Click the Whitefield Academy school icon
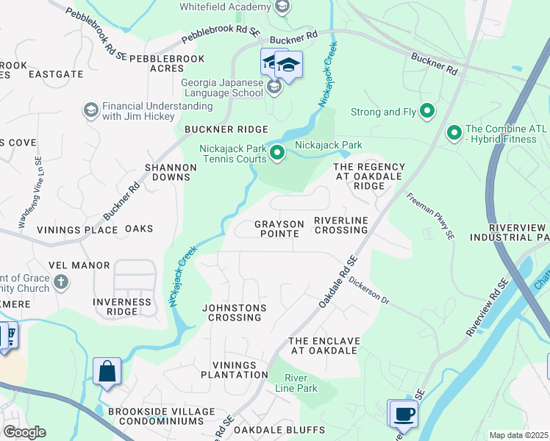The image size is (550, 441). tap(282, 7)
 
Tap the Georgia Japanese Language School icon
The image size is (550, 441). tap(274, 88)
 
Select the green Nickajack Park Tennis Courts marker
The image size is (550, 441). tap(277, 153)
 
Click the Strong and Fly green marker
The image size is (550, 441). tap(426, 112)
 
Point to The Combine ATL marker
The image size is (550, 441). tap(454, 133)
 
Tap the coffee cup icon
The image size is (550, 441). tap(404, 414)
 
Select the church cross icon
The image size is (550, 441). tap(61, 282)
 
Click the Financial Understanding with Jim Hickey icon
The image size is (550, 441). tap(91, 111)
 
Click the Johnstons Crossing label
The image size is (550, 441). tap(235, 312)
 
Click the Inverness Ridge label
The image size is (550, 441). tap(122, 306)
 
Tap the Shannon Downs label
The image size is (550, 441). tap(171, 172)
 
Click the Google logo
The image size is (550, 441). tap(24, 432)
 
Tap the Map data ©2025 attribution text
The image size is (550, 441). tap(518, 435)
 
